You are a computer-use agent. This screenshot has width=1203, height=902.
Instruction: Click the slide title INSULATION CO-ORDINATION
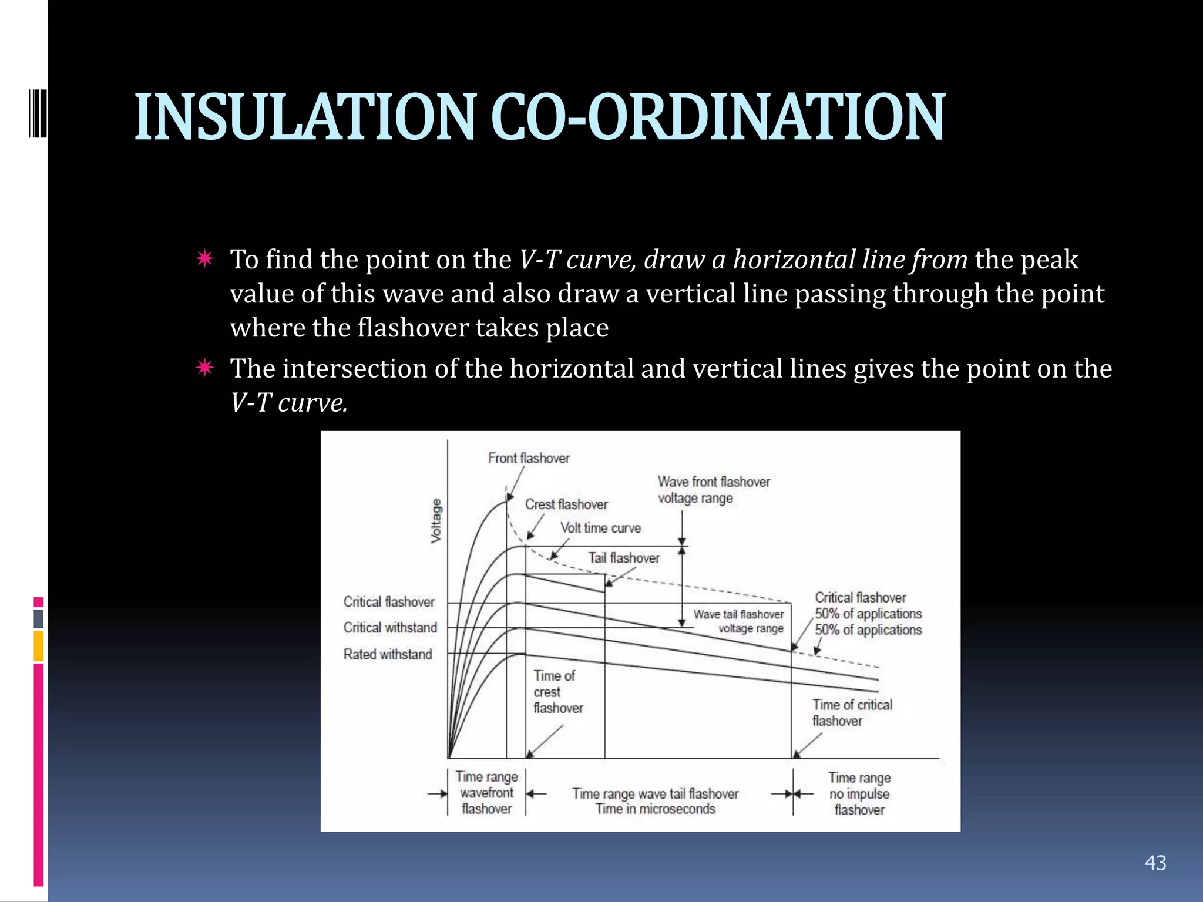[x=539, y=117]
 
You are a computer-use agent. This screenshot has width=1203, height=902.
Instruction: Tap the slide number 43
[x=1155, y=863]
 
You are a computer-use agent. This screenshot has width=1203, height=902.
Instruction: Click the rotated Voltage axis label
[x=436, y=520]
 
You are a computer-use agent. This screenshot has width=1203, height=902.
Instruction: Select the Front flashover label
[x=529, y=458]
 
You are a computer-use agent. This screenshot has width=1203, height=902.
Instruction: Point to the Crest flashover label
[x=566, y=504]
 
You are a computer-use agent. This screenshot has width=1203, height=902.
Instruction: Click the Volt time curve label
[x=600, y=528]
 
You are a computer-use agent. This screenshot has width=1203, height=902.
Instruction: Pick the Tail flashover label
[x=624, y=558]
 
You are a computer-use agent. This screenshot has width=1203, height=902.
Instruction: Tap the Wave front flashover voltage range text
[x=713, y=490]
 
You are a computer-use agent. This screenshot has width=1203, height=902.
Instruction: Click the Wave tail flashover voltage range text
[x=738, y=621]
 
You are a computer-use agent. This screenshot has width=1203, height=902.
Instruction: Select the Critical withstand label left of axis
[x=390, y=628]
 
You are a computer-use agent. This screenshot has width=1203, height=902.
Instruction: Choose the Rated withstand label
[x=388, y=654]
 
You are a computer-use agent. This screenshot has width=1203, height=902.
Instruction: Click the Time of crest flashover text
[x=557, y=692]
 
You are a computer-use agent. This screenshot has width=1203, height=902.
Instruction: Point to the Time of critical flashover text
[x=852, y=712]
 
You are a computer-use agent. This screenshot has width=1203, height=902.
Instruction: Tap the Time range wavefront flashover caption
[x=486, y=793]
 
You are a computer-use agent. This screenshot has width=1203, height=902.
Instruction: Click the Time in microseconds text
[x=656, y=809]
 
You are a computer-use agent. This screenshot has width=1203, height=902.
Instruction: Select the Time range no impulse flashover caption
[x=859, y=794]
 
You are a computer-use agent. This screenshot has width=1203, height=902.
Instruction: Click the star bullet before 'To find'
[x=205, y=258]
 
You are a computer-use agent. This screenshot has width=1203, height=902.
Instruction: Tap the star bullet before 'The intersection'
[x=205, y=368]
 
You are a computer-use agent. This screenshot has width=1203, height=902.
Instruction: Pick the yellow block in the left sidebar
[x=39, y=646]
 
